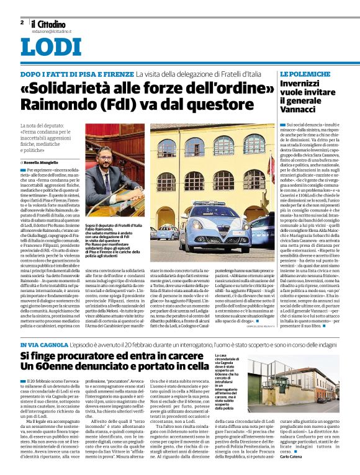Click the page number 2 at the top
[22, 22]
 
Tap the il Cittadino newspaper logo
[52, 24]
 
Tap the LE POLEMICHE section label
[304, 74]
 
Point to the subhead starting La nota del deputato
[49, 138]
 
